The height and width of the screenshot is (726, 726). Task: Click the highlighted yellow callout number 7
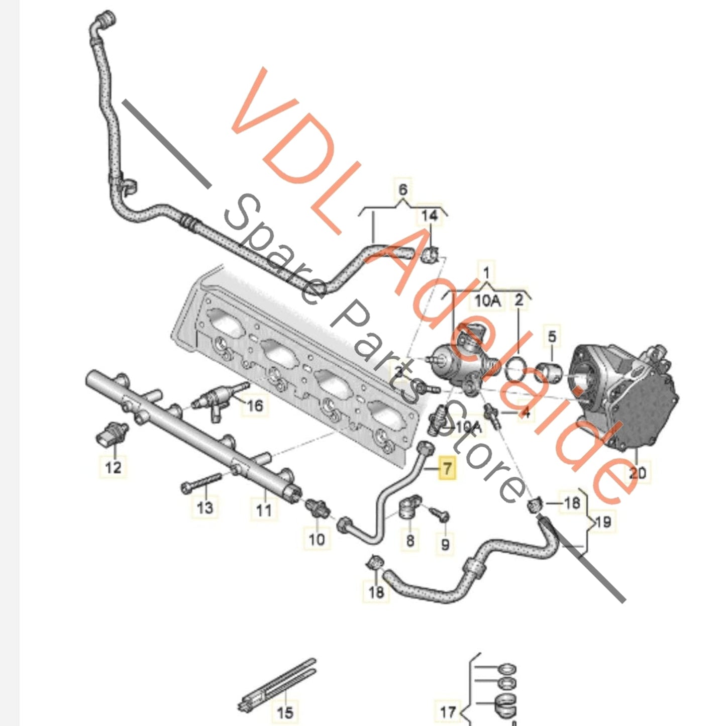point(447,469)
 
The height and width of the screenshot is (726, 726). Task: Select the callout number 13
point(204,507)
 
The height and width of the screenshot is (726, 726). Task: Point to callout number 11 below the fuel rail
point(263,510)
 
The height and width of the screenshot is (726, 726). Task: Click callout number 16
point(255,405)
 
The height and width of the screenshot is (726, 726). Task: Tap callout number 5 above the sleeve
point(552,336)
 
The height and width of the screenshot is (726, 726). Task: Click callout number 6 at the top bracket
point(403,190)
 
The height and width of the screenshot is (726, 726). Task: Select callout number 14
point(430,216)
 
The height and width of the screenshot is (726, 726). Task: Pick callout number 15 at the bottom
point(285,711)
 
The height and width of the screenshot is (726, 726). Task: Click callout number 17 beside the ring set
point(448,711)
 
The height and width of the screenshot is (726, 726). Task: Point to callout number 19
point(602,522)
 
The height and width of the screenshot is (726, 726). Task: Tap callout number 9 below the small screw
point(445,544)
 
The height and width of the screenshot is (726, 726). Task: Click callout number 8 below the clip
point(410,540)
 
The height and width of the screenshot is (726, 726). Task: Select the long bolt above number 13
point(200,482)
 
